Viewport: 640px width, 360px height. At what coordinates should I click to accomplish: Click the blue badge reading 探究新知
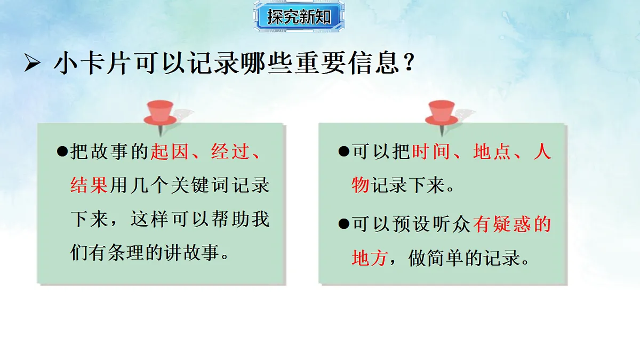pos(299,16)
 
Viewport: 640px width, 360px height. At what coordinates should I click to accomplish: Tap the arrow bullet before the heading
pos(33,65)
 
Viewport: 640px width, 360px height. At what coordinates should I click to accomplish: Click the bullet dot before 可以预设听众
pos(343,224)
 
